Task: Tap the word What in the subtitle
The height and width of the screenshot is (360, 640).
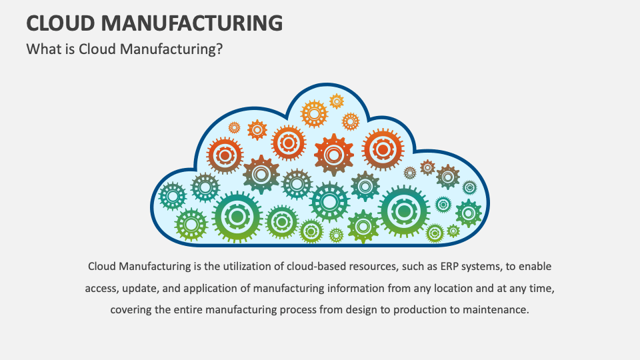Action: click(42, 49)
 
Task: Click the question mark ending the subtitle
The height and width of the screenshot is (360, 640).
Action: click(219, 49)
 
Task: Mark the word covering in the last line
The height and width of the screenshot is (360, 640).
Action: click(131, 310)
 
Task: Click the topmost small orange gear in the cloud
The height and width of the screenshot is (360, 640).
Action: click(337, 101)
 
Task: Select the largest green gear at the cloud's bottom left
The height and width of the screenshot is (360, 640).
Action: click(237, 215)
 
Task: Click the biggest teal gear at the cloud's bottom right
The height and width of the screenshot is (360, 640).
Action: click(404, 211)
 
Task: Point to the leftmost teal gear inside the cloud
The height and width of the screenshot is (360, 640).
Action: click(173, 196)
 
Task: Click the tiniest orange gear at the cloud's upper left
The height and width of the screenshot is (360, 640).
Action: click(234, 127)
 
